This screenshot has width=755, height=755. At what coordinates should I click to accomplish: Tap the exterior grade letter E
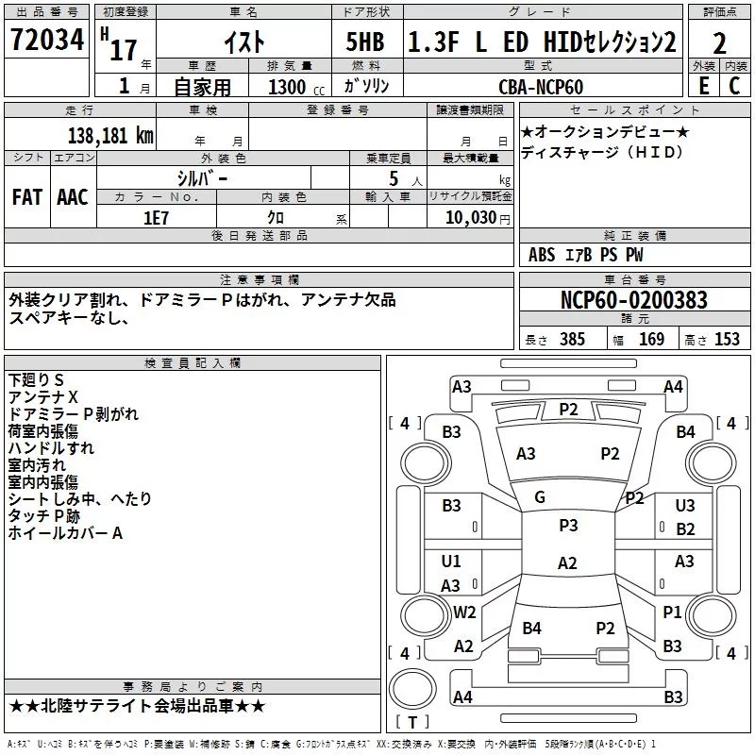click(703, 85)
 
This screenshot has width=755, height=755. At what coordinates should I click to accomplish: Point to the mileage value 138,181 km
click(110, 135)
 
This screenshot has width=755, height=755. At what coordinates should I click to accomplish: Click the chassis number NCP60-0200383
click(633, 300)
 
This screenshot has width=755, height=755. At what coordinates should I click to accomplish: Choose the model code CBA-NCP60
click(541, 87)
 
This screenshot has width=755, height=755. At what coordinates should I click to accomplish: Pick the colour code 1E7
click(156, 216)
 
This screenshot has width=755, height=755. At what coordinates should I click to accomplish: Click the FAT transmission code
click(27, 196)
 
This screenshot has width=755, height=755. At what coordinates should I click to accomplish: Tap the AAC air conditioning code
click(73, 196)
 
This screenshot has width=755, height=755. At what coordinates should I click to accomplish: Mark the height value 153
click(727, 340)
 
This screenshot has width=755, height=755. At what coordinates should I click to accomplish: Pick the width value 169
click(651, 340)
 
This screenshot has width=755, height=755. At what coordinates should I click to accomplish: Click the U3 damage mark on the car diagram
click(685, 506)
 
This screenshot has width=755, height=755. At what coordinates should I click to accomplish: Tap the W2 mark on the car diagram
click(464, 612)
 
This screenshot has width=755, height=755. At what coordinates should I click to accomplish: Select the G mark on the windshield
click(540, 497)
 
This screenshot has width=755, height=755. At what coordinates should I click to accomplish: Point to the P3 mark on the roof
click(567, 526)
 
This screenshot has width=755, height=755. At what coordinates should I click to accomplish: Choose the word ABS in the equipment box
click(542, 255)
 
